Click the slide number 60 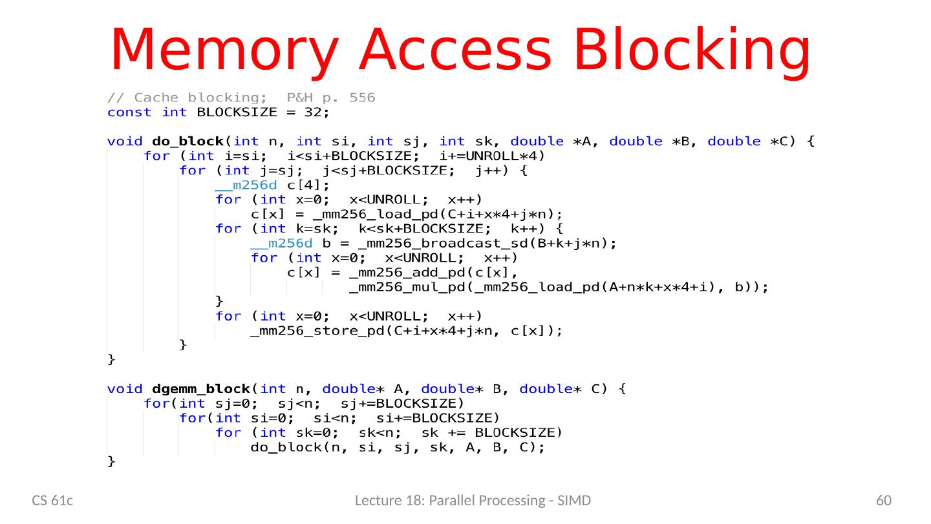pyautogui.click(x=883, y=501)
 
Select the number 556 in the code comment pyautogui.click(x=361, y=99)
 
